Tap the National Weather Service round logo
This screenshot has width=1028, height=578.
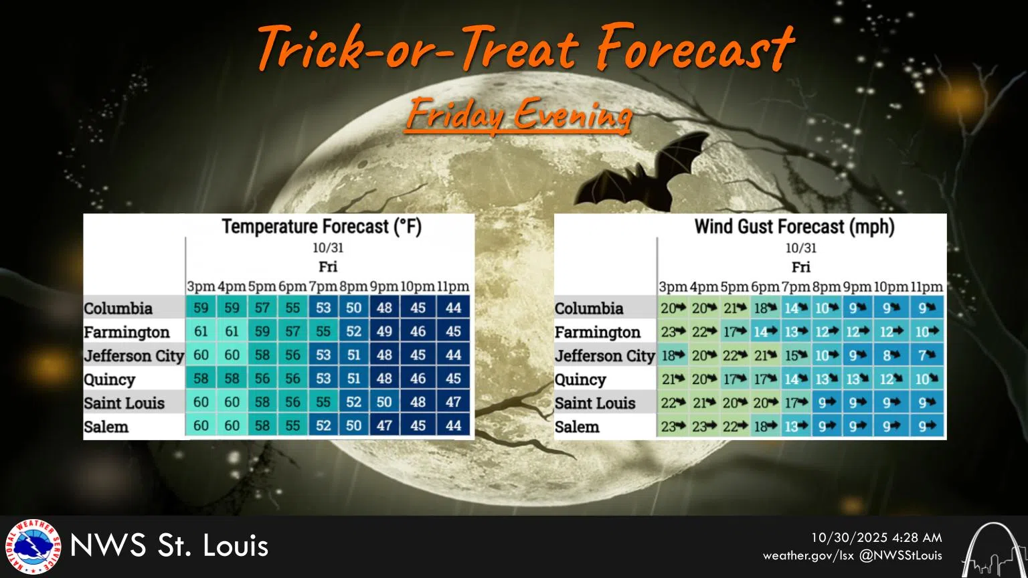(33, 547)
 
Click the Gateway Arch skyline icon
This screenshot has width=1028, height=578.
(994, 550)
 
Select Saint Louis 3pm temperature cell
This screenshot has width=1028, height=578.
(201, 402)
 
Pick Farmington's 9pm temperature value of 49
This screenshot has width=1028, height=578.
(384, 331)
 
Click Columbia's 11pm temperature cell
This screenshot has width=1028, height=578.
(453, 307)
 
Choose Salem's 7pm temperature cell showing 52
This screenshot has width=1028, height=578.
(323, 425)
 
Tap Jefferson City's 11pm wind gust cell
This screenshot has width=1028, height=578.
(926, 355)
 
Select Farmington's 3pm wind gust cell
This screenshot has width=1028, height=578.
(673, 331)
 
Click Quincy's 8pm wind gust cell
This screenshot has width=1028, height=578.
(827, 379)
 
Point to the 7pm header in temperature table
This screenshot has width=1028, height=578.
(323, 286)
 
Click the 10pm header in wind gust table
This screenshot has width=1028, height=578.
(891, 287)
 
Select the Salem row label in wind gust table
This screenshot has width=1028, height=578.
(577, 427)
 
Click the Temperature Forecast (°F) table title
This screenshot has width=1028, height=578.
(322, 227)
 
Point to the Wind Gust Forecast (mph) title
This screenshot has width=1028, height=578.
(794, 227)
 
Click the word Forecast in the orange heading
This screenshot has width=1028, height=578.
(696, 47)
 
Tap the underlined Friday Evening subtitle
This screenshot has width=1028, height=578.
(519, 114)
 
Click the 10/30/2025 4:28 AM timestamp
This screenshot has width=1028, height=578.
(877, 538)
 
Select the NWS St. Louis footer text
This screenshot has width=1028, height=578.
(169, 545)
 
